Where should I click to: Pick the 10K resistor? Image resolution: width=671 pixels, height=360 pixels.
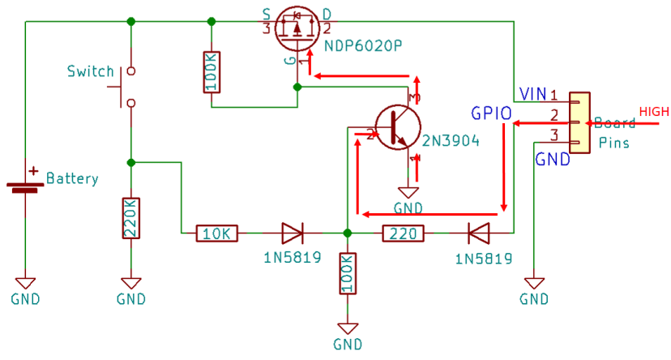point(217,234)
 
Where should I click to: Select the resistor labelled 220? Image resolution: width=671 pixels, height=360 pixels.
point(403,234)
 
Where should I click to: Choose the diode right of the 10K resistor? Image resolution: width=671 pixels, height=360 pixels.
point(292,234)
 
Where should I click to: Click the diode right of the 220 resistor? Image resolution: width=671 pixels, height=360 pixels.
point(478,234)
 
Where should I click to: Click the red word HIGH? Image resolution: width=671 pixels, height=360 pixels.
point(654,111)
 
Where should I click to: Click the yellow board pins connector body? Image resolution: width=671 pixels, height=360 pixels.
point(578,122)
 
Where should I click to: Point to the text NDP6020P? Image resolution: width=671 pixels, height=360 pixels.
point(363,46)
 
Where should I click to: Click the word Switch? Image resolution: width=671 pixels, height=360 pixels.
point(90,71)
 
